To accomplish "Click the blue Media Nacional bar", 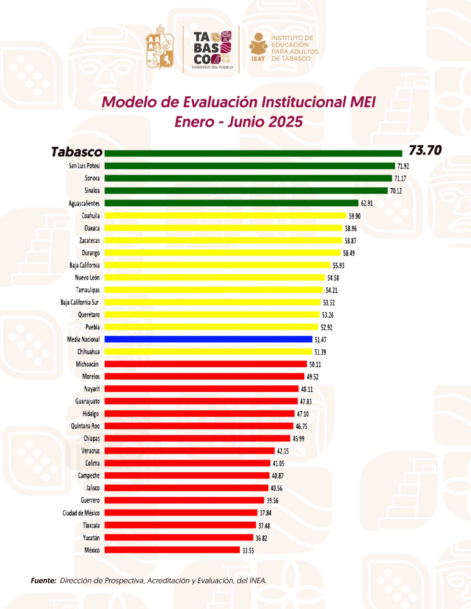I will (208, 339).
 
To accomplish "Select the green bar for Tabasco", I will (253, 153).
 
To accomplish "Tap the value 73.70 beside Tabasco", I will (425, 151).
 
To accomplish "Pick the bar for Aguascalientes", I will (231, 203).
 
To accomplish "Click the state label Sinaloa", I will (92, 191).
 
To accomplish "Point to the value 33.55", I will (248, 550).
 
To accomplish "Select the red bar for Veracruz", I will (189, 451).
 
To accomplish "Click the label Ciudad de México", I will (81, 513).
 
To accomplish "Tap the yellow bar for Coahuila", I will (225, 215).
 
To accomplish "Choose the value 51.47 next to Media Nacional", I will (320, 340).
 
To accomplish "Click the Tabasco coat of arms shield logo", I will (160, 47).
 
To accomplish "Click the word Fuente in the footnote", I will (43, 580).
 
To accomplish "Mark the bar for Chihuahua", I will (208, 352).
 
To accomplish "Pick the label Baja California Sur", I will (79, 302).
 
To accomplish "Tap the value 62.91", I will (367, 203).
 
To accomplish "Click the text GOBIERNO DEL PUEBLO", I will (212, 67).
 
